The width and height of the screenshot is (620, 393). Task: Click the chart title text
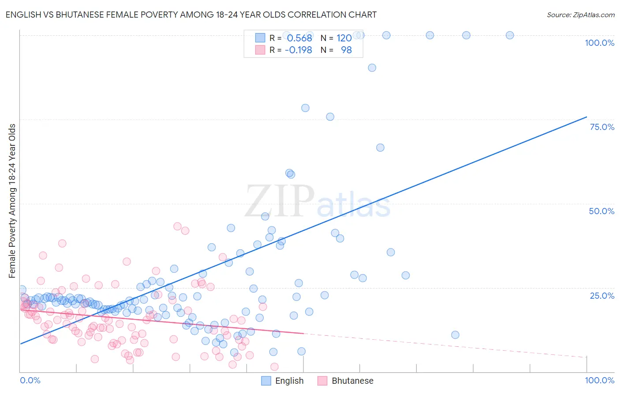(191, 15)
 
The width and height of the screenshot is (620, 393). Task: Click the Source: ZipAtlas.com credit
(580, 15)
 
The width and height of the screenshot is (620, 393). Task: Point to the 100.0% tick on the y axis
(599, 43)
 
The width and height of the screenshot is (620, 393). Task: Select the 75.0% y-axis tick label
(602, 127)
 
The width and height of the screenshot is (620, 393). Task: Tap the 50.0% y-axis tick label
(601, 211)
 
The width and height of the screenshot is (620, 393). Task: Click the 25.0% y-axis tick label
(602, 296)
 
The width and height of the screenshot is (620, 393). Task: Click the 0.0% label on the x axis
(30, 380)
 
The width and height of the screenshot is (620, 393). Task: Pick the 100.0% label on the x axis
(599, 380)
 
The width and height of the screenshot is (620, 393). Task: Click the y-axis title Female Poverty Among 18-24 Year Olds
(12, 201)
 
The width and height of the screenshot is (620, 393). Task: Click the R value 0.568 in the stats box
(299, 38)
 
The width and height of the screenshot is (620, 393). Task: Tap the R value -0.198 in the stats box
(299, 50)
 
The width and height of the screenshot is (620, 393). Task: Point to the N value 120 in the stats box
(344, 38)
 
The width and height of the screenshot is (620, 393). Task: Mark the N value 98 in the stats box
(346, 50)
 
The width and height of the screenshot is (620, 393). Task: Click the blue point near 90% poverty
(372, 68)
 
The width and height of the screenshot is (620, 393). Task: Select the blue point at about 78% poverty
(305, 108)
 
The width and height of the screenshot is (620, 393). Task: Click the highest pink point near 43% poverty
(177, 226)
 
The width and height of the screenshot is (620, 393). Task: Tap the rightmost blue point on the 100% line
(510, 35)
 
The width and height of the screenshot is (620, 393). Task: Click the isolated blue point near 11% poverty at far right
(456, 335)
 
